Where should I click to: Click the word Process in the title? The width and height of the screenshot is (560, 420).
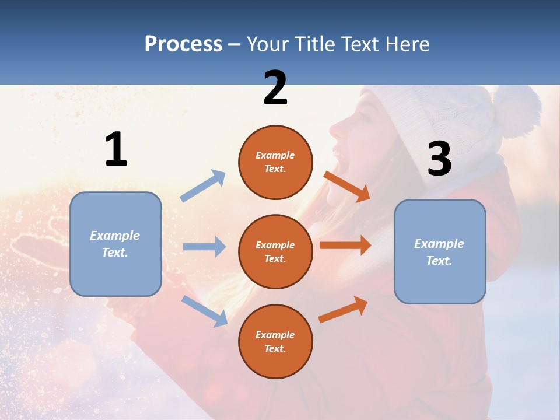(x=183, y=44)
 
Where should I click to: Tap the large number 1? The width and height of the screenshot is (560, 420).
(x=116, y=149)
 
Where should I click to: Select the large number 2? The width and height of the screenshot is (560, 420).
(x=275, y=88)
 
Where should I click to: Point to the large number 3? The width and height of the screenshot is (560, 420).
(x=439, y=159)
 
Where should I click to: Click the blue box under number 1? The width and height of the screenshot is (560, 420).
(x=116, y=244)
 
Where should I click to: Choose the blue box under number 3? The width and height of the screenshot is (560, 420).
(x=440, y=251)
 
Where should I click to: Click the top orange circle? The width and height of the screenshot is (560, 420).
(x=275, y=162)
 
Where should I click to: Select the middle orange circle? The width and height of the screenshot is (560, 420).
(x=275, y=251)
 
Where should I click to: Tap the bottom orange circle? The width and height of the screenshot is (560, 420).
(x=275, y=341)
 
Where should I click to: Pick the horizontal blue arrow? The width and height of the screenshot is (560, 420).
(x=204, y=247)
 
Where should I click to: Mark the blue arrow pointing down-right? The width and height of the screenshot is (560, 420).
(x=204, y=311)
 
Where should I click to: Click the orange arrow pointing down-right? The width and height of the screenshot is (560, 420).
(x=347, y=186)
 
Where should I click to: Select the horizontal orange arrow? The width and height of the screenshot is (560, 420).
(x=345, y=245)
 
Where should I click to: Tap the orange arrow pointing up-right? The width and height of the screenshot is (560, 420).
(x=343, y=309)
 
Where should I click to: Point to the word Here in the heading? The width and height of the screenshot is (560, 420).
(x=407, y=44)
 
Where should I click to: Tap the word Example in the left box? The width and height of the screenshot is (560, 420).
(x=115, y=236)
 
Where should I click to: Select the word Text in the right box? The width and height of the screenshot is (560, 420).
(x=439, y=261)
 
